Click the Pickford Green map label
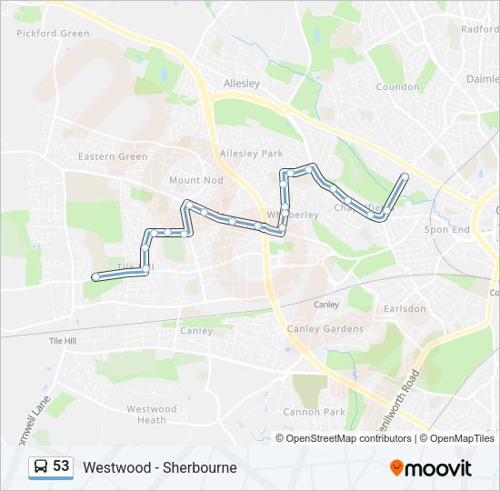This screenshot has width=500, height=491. (53, 34)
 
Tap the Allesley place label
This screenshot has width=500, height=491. (242, 83)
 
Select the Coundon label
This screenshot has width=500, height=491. (397, 88)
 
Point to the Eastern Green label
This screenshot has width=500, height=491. (113, 156)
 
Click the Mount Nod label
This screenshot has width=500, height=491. (195, 180)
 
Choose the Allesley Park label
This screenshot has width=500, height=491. (252, 154)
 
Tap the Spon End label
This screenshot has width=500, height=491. (447, 229)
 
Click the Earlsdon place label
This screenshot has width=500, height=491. (405, 308)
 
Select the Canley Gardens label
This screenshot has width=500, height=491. (325, 328)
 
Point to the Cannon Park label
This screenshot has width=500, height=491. (315, 412)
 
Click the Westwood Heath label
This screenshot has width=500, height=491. (152, 415)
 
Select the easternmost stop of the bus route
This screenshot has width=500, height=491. (405, 175)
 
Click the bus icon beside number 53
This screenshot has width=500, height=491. (41, 467)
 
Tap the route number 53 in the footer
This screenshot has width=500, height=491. (61, 466)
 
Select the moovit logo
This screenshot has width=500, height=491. (431, 467)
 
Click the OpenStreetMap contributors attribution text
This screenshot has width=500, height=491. (348, 438)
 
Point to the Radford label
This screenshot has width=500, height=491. (479, 29)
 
